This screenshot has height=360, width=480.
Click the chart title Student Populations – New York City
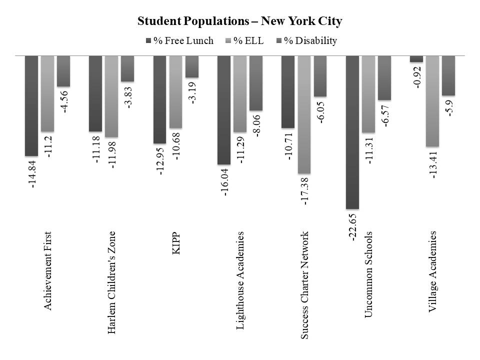(x=239, y=21)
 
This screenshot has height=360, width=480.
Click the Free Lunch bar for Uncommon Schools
(x=352, y=132)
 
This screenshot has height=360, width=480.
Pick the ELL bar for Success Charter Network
(x=304, y=114)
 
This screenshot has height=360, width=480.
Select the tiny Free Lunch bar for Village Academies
(x=416, y=59)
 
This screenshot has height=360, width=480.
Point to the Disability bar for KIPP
(x=192, y=66)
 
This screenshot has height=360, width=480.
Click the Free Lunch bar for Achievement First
(x=31, y=105)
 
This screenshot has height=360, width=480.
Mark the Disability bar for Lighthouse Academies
(x=256, y=82)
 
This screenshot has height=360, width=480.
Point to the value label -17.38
(x=304, y=192)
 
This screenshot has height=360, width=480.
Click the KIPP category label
(x=175, y=243)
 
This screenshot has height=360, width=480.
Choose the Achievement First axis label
(x=48, y=270)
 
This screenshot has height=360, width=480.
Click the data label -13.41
(x=432, y=165)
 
